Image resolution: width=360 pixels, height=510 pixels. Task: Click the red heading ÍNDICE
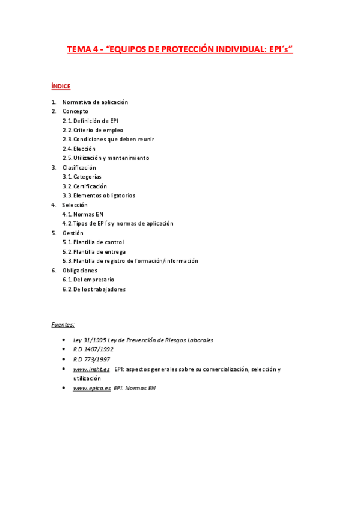[x=61, y=87]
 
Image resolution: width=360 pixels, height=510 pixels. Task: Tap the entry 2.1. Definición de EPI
[x=90, y=121]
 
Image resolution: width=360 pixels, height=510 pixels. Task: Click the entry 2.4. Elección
[x=79, y=149]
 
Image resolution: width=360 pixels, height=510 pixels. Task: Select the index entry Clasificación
[x=79, y=167]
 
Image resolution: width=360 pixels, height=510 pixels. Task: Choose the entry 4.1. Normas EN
[x=83, y=214]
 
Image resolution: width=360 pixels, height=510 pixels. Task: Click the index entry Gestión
[x=73, y=233]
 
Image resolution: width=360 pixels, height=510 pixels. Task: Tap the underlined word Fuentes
[x=63, y=325]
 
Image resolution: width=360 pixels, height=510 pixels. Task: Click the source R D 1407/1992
[x=93, y=349]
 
